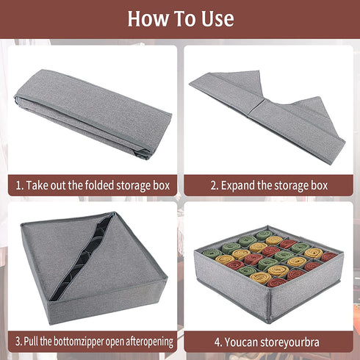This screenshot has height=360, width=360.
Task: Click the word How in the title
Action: [x=148, y=18]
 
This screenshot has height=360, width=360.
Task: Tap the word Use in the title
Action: [x=217, y=18]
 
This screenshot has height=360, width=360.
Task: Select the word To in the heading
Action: [x=185, y=18]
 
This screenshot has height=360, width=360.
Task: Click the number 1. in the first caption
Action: [x=19, y=186]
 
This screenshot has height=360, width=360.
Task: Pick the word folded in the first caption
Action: [x=98, y=185]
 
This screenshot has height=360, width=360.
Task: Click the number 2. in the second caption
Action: [x=215, y=186]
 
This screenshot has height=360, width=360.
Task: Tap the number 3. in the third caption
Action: [x=18, y=342]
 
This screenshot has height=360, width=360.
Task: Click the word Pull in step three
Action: [x=30, y=341]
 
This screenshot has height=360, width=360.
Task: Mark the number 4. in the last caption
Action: [x=218, y=342]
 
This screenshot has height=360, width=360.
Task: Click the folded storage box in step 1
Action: [x=93, y=114]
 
